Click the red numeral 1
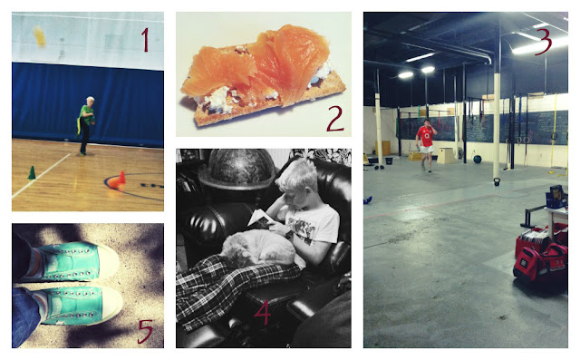145,40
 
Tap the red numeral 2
335,118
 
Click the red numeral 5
145,331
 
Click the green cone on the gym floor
32,173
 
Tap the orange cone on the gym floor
118,181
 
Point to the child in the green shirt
86,125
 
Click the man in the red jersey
426,145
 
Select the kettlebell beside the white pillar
497,181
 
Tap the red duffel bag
540,264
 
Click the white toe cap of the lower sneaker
111,305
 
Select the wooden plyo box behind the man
446,155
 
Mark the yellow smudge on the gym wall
40,36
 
